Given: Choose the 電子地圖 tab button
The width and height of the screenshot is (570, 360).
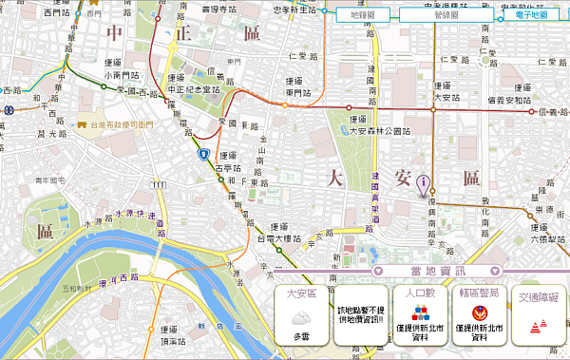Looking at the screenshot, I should coord(530,15).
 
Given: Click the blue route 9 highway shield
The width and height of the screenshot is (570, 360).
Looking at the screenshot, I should coord(203,152).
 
